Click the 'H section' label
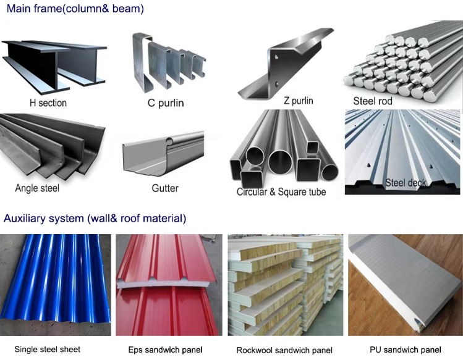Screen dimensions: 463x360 tap(48, 103)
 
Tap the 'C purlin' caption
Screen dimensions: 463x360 tap(166, 103)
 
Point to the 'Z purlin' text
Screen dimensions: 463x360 tap(298, 101)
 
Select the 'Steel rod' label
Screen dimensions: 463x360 tap(373, 101)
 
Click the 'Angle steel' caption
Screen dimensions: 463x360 tap(37, 188)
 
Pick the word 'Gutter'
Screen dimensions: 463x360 tap(165, 188)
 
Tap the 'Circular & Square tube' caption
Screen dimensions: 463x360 tap(281, 192)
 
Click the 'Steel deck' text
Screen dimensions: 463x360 tap(406, 183)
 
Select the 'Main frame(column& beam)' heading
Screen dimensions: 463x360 tap(75, 9)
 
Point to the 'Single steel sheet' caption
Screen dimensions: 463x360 tap(47, 350)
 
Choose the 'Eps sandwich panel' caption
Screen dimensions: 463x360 tap(166, 350)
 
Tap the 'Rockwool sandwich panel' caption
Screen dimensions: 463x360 tap(284, 350)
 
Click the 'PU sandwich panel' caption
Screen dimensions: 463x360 tap(406, 350)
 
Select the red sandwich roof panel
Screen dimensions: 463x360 tap(168, 285)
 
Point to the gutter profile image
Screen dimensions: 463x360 tap(163, 153)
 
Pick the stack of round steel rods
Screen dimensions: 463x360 tap(403, 62)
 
